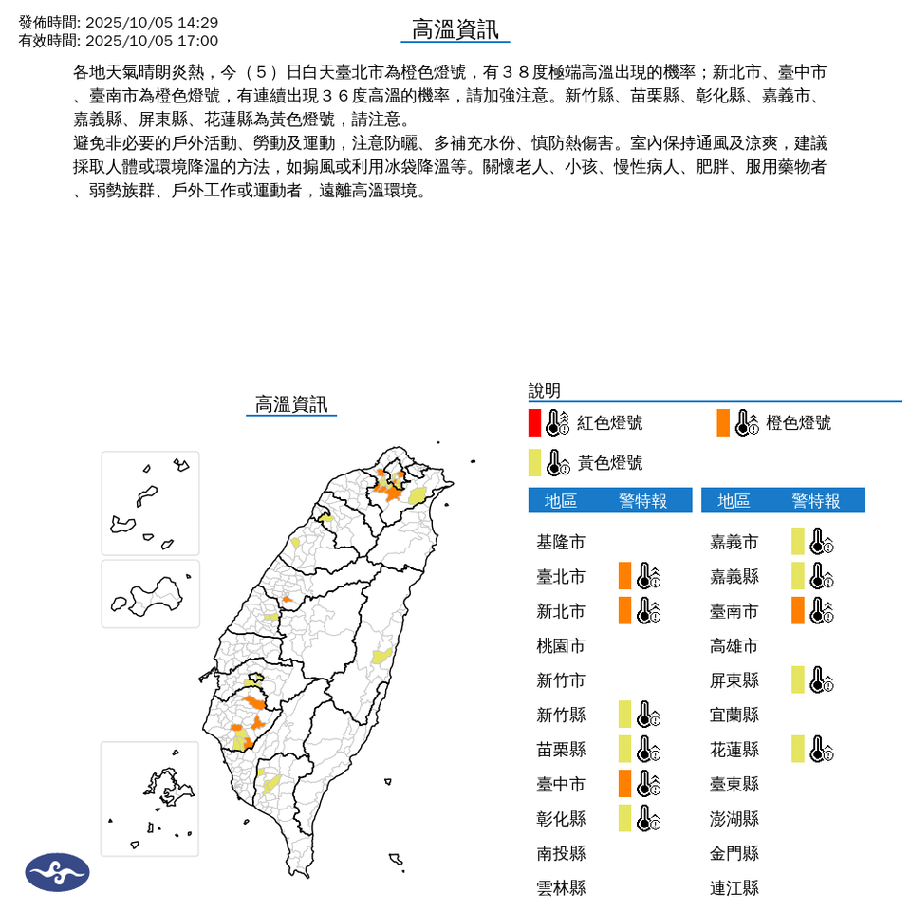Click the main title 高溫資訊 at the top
(455, 29)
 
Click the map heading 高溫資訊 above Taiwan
(291, 404)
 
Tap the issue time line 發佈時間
(119, 22)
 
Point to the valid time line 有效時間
(119, 41)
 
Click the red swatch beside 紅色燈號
(535, 422)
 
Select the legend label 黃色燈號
(610, 463)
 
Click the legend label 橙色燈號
(798, 423)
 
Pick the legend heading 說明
(545, 391)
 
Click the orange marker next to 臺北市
(624, 576)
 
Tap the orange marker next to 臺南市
(798, 610)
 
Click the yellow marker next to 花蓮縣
(798, 749)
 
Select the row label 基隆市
(561, 543)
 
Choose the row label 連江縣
(734, 888)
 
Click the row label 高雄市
(734, 646)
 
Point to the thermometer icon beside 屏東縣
(821, 679)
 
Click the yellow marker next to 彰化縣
(624, 818)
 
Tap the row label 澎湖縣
(734, 819)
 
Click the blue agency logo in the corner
(58, 872)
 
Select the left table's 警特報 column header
(643, 501)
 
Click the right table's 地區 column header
(734, 501)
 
